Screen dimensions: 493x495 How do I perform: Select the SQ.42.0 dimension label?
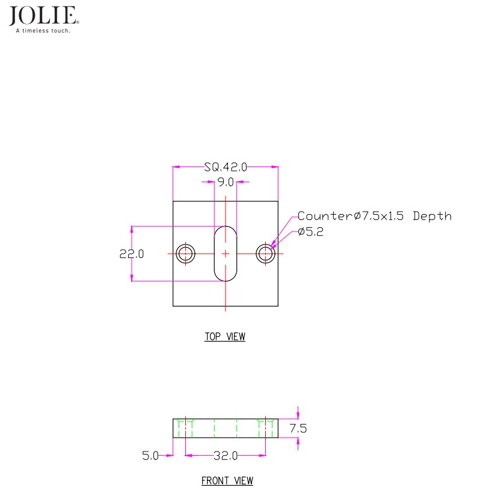[x=226, y=167]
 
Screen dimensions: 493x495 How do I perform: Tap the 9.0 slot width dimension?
[x=226, y=182]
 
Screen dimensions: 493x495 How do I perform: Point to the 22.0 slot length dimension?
[x=132, y=254]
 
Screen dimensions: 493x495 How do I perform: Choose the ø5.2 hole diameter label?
[x=310, y=233]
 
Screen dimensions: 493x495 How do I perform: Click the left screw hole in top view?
[x=186, y=254]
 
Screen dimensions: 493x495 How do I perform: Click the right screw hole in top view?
[x=265, y=254]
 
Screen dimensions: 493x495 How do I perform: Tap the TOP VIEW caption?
[x=225, y=337]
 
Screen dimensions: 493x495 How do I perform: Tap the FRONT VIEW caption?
[x=227, y=481]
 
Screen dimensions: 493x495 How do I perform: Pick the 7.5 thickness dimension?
[x=298, y=429]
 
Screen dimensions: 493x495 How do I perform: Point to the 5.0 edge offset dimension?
[x=150, y=456]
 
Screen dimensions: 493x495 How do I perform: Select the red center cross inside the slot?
[x=226, y=254]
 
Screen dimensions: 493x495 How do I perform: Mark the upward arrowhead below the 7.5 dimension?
[x=298, y=441]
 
